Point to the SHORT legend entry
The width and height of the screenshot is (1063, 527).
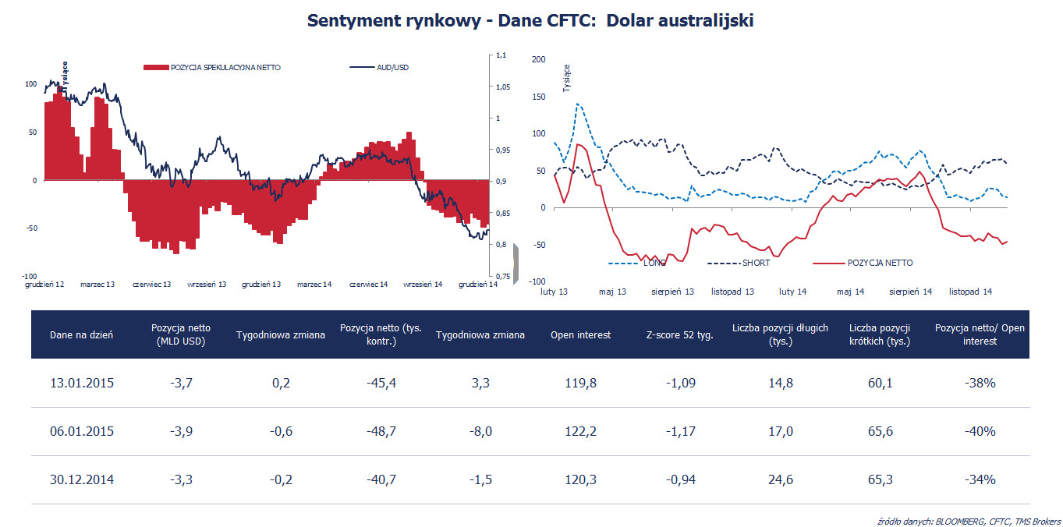(x=756, y=263)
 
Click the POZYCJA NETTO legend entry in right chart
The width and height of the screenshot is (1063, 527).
(x=880, y=263)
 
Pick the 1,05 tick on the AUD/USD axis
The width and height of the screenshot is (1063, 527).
(x=502, y=87)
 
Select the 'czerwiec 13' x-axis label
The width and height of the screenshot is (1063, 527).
(x=152, y=285)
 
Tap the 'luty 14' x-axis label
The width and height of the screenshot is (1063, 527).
(x=792, y=292)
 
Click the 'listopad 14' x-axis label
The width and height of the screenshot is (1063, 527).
(x=970, y=292)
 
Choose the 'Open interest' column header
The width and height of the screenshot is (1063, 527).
(x=580, y=335)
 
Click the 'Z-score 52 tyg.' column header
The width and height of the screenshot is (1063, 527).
(x=680, y=335)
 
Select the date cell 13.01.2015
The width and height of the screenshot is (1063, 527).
(x=82, y=383)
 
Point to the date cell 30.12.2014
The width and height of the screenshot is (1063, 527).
(x=82, y=479)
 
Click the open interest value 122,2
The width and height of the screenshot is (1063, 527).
(x=580, y=431)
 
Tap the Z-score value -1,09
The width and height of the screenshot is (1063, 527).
(x=680, y=383)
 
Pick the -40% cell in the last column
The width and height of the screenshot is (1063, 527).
(x=980, y=431)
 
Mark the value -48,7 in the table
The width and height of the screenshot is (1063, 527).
(x=381, y=431)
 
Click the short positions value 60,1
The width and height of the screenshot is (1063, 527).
(x=880, y=383)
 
